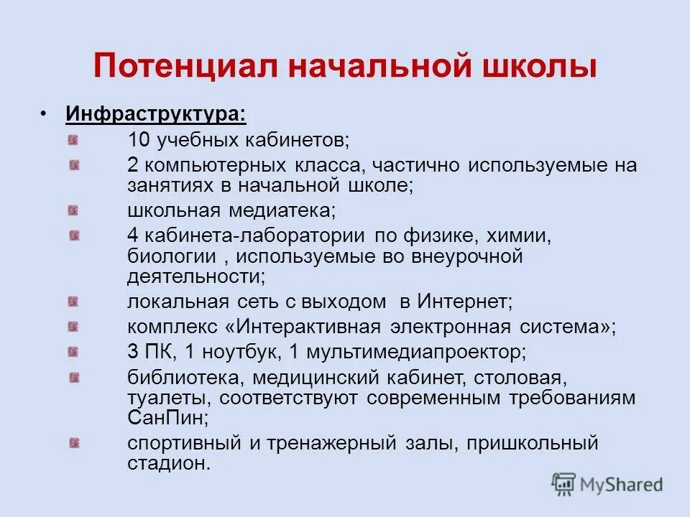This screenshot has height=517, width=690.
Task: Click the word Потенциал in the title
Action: (x=186, y=67)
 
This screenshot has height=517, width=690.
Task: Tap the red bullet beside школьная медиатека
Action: (x=74, y=210)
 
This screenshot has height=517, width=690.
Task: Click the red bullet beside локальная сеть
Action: (x=74, y=302)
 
